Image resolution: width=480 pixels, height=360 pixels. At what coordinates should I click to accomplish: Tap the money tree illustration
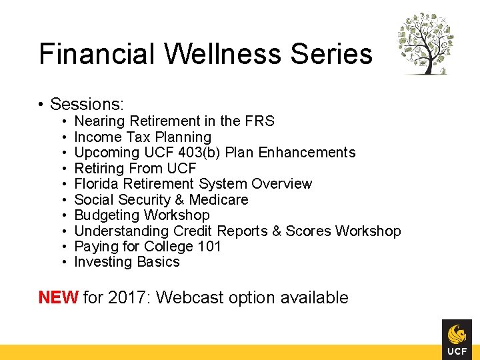pos(426,43)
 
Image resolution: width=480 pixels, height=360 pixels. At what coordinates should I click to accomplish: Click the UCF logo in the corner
pos(457,339)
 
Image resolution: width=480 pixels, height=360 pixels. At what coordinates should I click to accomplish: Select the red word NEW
pos(59,297)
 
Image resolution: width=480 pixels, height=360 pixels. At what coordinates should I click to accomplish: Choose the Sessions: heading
pos(87,104)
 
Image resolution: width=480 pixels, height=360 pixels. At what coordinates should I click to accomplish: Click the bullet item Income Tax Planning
pos(143,137)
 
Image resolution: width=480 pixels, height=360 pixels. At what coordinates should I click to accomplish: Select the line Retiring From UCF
pos(135,168)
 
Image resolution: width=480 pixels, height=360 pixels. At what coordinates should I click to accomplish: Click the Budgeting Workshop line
pos(142,215)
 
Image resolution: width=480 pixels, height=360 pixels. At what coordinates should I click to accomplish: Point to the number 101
pos(210,246)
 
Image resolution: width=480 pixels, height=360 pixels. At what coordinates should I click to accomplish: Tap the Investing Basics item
pos(127,262)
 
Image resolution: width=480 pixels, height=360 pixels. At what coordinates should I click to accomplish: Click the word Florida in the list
pos(97,184)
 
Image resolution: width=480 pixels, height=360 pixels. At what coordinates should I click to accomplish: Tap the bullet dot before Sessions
pos(41,105)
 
